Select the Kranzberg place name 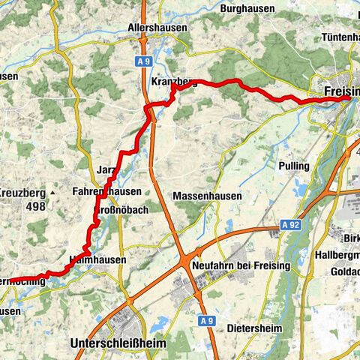tap(175, 81)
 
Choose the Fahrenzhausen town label tap(107, 192)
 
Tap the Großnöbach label tap(121, 210)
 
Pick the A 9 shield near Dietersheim tap(192, 300)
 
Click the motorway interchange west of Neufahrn tap(184, 259)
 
